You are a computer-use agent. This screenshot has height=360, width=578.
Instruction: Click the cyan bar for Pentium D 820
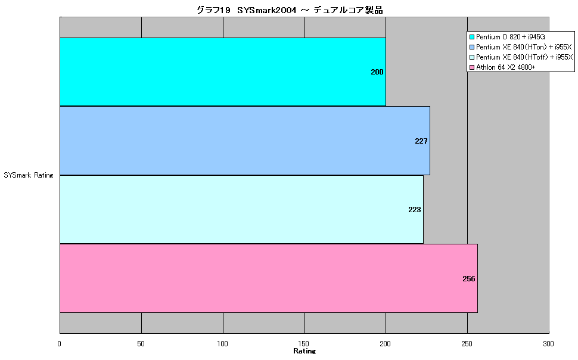point(223,72)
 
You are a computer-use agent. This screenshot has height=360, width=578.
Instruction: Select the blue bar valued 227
point(245,141)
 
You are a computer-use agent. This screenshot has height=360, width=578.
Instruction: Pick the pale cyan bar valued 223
point(241,210)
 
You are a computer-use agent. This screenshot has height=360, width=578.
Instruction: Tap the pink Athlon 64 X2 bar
point(269,278)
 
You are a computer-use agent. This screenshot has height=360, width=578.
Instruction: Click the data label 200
point(377,72)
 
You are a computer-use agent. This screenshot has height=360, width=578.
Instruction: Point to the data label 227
point(421,141)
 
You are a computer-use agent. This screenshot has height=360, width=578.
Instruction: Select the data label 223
point(414,210)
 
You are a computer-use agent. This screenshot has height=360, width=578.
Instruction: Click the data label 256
point(468,279)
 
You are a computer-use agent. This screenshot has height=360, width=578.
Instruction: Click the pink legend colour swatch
point(471,67)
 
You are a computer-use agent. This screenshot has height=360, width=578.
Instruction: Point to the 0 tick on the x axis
point(60,344)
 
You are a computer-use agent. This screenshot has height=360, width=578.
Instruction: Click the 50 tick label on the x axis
point(141,344)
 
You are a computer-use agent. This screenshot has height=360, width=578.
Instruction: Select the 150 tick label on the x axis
point(304,344)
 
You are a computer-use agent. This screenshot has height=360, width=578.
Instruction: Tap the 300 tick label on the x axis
point(548,344)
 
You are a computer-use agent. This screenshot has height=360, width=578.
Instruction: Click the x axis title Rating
point(304,351)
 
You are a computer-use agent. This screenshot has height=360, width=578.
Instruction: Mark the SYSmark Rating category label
point(29,175)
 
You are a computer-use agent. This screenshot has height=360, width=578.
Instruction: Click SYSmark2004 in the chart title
point(266,10)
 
